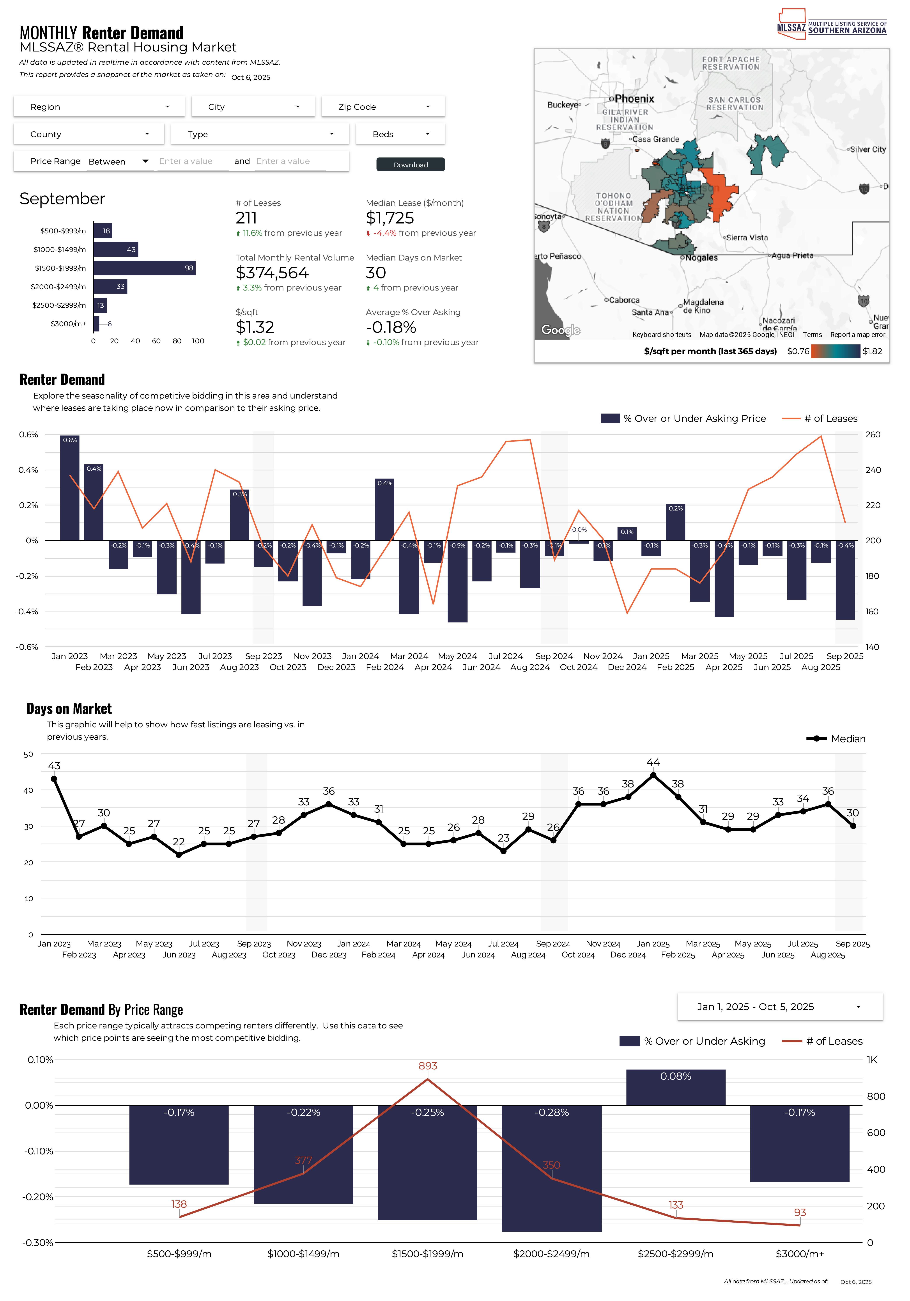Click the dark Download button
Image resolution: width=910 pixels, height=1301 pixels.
coord(410,164)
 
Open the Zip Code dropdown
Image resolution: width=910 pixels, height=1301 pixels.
coord(383,106)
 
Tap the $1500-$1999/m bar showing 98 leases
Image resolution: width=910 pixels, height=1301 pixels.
coord(145,268)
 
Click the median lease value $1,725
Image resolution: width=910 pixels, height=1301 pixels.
coord(390,218)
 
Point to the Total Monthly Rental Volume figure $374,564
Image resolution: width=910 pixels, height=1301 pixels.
coord(272,273)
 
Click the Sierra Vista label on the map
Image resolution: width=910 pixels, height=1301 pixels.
coord(747,238)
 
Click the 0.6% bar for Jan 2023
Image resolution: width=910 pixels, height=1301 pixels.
coord(70,487)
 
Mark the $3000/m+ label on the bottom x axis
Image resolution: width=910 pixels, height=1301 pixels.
coord(800,1253)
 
